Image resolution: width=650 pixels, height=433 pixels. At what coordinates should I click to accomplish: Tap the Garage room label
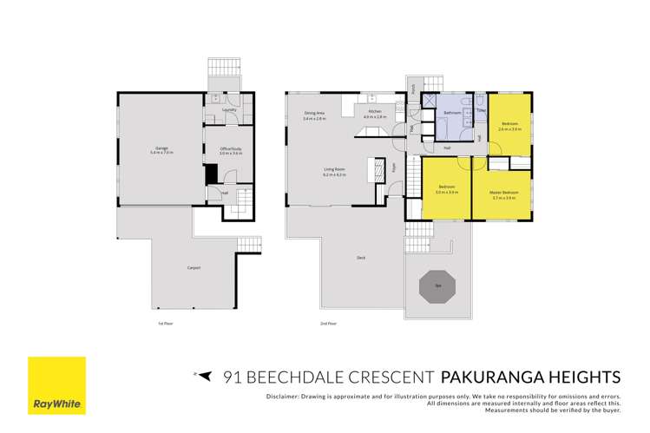[x=161, y=148]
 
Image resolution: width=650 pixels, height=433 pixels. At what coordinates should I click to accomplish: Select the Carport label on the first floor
[x=194, y=267]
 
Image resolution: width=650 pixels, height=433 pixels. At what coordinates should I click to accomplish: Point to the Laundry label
[x=229, y=110]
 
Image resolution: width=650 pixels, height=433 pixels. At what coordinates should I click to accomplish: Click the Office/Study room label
[x=229, y=148]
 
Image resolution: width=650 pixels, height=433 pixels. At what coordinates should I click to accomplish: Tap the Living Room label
[x=333, y=171]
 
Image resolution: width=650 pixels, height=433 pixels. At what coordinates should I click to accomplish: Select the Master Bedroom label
[x=503, y=192]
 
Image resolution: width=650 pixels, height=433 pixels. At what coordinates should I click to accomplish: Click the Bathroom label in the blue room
[x=451, y=114]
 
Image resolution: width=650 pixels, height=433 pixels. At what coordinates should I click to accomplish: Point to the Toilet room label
[x=480, y=110]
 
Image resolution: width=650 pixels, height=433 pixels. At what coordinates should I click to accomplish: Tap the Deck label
[x=360, y=258]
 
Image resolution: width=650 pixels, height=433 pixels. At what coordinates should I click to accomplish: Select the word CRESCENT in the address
[x=392, y=377]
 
